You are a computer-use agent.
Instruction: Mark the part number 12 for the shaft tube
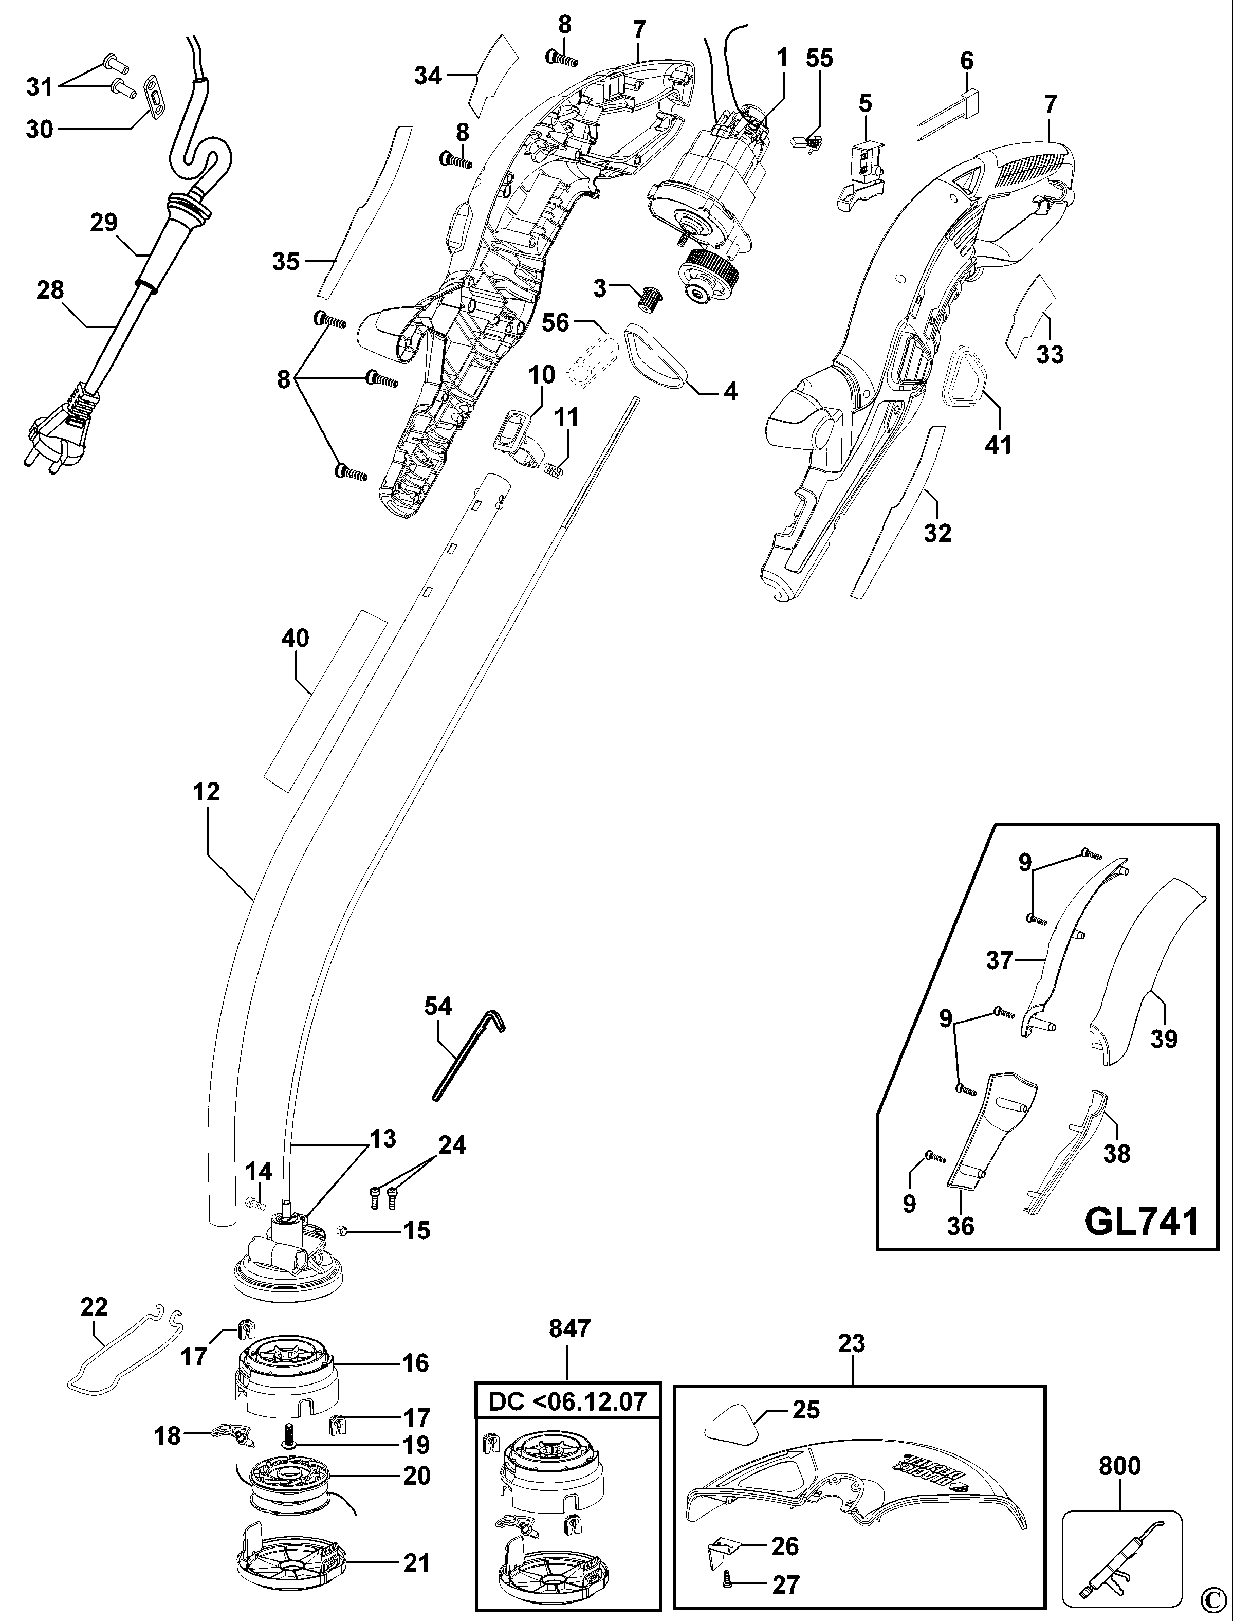207,792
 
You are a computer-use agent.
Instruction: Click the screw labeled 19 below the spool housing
290,1432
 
